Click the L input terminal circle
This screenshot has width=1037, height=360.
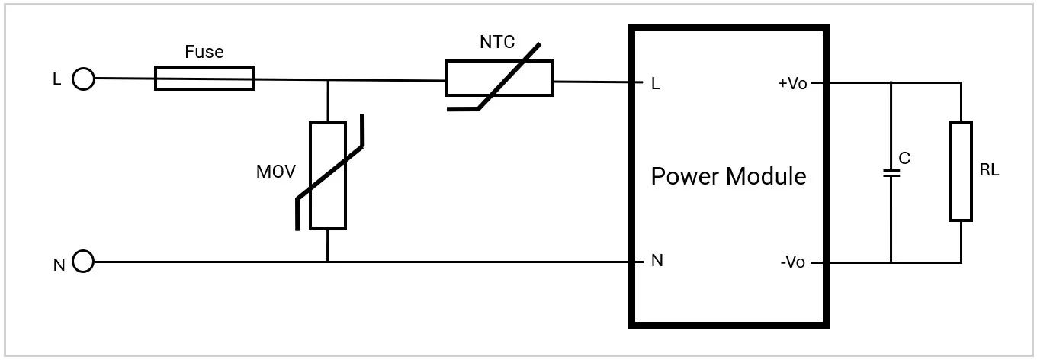(84, 79)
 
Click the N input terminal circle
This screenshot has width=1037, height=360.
(83, 262)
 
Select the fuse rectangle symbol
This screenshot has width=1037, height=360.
(204, 78)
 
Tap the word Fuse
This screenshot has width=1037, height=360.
(204, 52)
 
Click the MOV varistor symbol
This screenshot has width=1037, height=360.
(328, 175)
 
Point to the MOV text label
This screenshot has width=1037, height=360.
(274, 172)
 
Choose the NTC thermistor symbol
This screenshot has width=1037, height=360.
(499, 79)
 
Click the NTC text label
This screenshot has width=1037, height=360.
(497, 43)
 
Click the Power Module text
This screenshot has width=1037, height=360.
(728, 176)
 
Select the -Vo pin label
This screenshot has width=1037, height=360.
(793, 262)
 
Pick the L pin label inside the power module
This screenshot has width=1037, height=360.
(655, 84)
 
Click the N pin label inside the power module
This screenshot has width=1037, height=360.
(657, 261)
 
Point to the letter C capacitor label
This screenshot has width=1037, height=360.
(904, 159)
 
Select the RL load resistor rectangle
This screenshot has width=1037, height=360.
(961, 171)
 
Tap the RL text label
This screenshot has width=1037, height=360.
(989, 171)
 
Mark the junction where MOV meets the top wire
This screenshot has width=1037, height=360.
(328, 79)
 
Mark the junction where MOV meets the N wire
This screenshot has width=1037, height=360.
(328, 262)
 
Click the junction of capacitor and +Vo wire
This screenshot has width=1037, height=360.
(891, 82)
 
